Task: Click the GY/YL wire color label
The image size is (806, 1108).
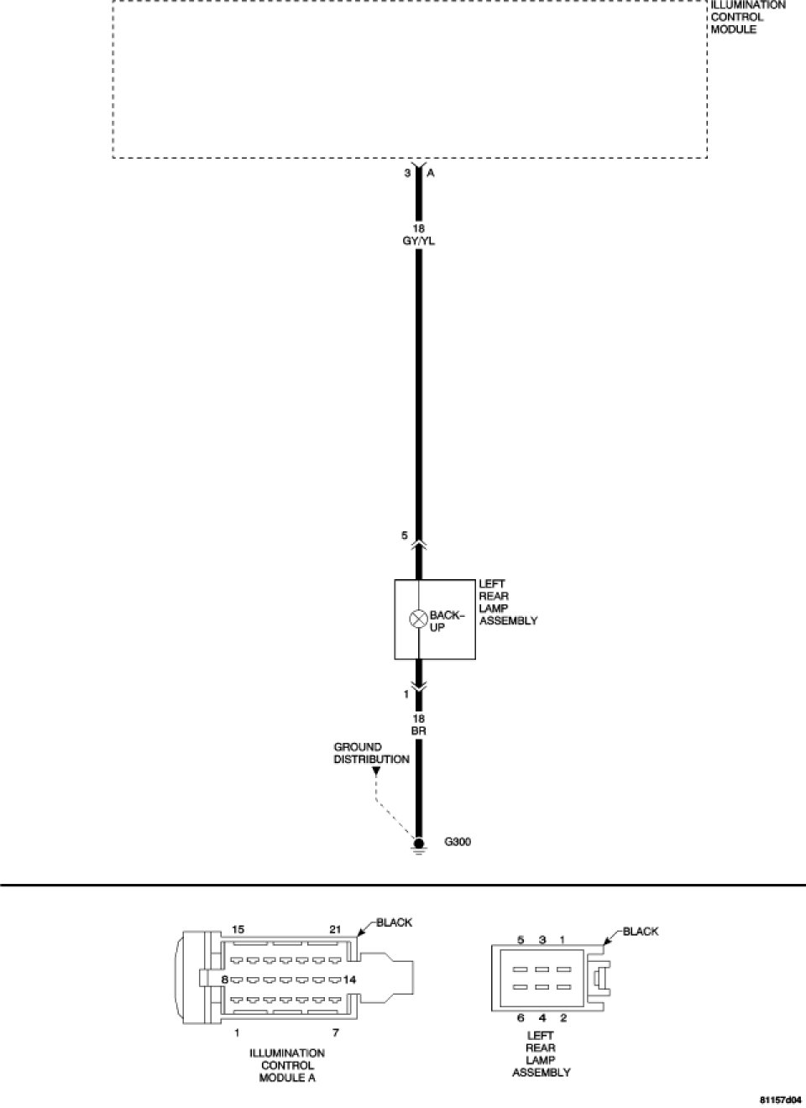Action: click(418, 241)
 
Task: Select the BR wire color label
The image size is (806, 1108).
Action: click(418, 731)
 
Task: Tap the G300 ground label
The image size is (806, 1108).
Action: click(457, 842)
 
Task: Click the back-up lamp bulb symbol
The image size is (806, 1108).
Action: click(418, 620)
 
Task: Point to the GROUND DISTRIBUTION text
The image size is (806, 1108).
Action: click(371, 753)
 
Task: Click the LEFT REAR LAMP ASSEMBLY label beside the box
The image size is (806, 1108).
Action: click(508, 602)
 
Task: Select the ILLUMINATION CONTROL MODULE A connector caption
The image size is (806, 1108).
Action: click(287, 1065)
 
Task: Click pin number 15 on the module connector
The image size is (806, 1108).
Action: click(238, 930)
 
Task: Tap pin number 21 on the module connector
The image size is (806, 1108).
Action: click(335, 930)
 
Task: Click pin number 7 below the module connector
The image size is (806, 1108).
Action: click(335, 1032)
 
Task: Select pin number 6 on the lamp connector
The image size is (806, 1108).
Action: click(521, 1018)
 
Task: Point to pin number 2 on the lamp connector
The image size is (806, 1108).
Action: click(563, 1018)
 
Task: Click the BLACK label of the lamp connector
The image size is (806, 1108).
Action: click(641, 931)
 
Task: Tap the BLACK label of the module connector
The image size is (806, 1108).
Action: click(394, 922)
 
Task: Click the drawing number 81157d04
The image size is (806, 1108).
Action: click(780, 1098)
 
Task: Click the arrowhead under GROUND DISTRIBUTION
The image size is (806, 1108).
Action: click(375, 769)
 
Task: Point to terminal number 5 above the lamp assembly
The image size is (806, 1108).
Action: click(405, 536)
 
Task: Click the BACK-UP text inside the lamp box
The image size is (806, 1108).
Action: click(445, 621)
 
